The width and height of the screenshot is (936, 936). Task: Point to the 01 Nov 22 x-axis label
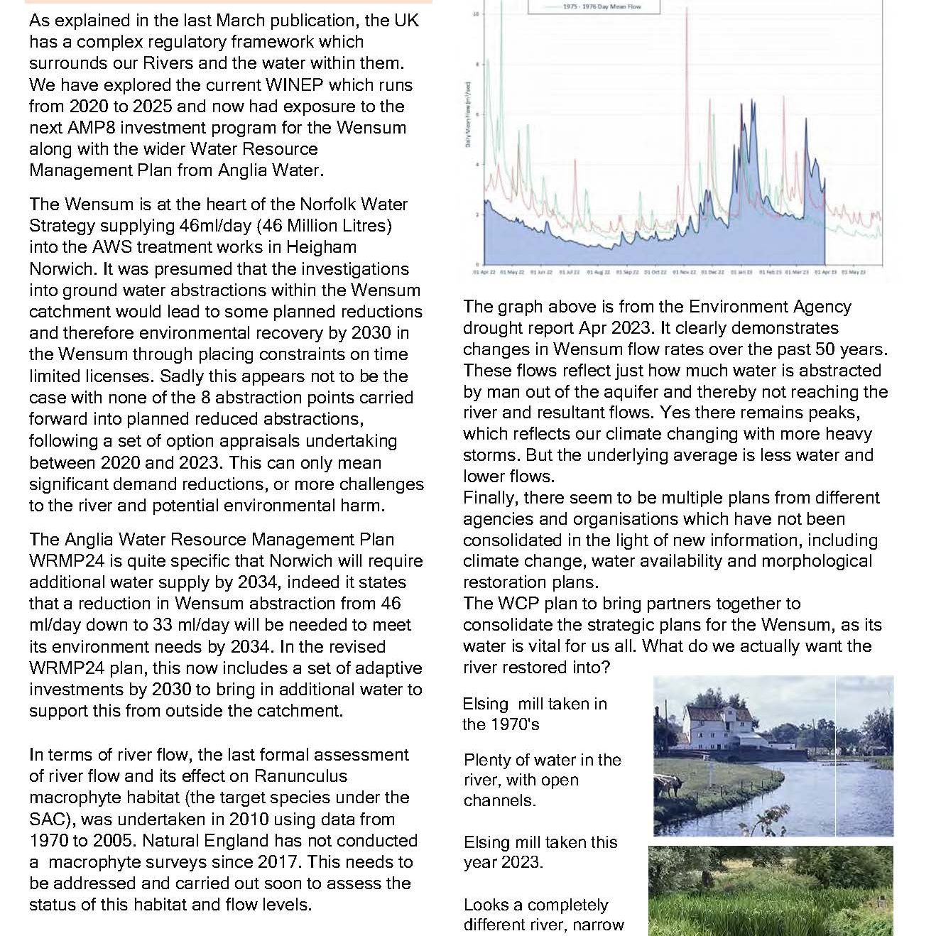point(684,272)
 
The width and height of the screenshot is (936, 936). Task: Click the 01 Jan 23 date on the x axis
point(742,272)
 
